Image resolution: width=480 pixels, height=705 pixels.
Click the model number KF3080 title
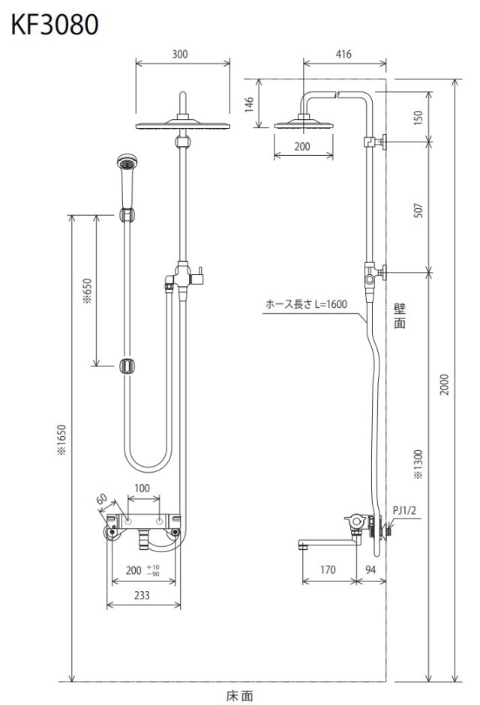coord(55,25)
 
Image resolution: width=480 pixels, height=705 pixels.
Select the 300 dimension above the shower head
coord(180,55)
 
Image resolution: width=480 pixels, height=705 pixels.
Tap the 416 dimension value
coord(343,55)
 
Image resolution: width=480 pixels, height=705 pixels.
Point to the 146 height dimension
coord(249,104)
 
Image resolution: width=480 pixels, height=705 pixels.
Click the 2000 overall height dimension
coord(445,384)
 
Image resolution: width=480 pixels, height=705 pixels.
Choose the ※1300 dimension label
coord(418,464)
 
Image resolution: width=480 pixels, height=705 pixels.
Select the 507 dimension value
coord(418,211)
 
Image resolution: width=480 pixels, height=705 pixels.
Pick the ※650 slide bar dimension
coord(87,291)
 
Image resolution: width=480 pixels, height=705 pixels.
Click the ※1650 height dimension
coord(61,441)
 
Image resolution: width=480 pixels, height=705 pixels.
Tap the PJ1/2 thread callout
coord(404,510)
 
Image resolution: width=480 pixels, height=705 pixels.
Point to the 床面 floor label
coord(239,696)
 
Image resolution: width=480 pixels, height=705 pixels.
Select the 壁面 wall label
coord(400,315)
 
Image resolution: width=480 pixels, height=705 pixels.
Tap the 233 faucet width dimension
coord(142,596)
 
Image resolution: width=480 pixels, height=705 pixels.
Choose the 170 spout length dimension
coord(328,569)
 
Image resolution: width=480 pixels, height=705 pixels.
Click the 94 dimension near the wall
coord(370,569)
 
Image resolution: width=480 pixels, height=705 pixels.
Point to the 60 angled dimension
coord(102,499)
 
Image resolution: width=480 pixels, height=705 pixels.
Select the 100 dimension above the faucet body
coord(142,488)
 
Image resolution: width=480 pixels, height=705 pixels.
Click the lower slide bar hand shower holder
coord(127,366)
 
